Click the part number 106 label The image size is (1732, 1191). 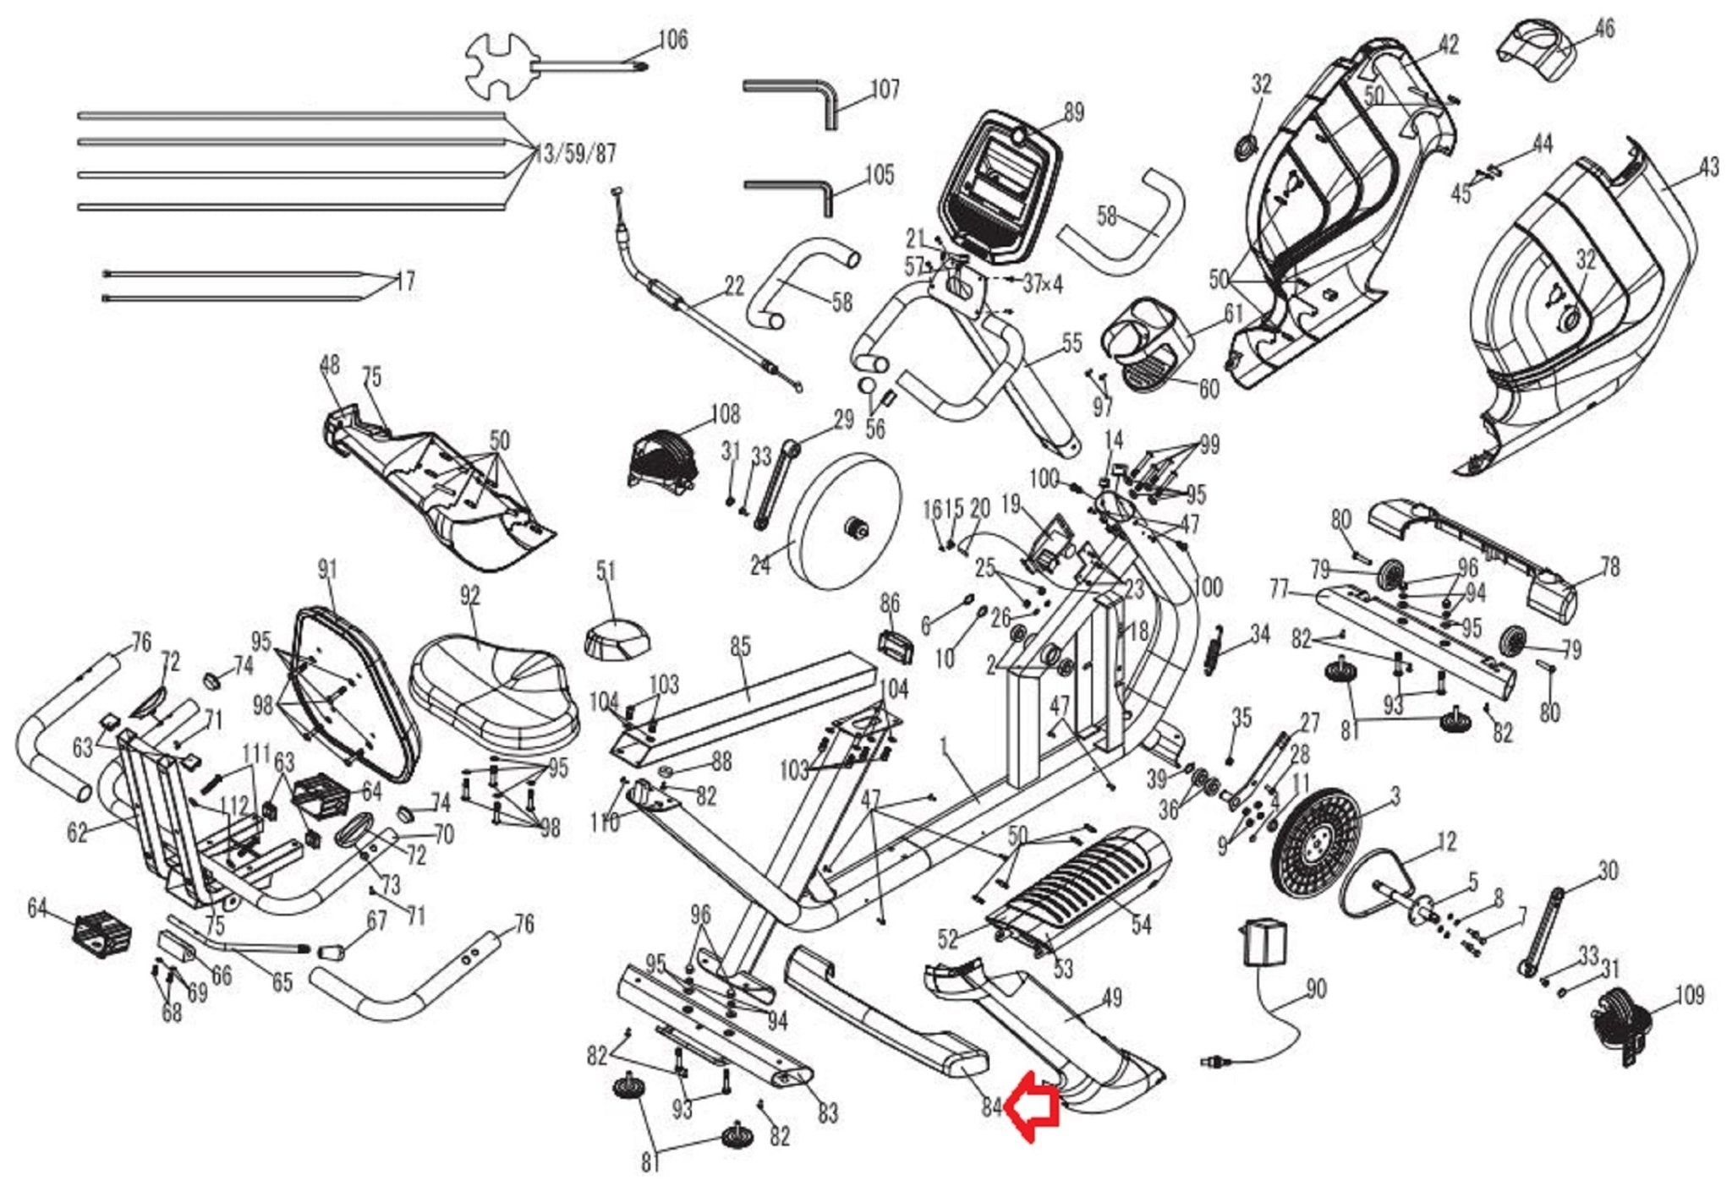672,40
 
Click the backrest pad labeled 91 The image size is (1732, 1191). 356,692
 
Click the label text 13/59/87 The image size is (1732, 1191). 575,154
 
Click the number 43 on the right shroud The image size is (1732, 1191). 1708,167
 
